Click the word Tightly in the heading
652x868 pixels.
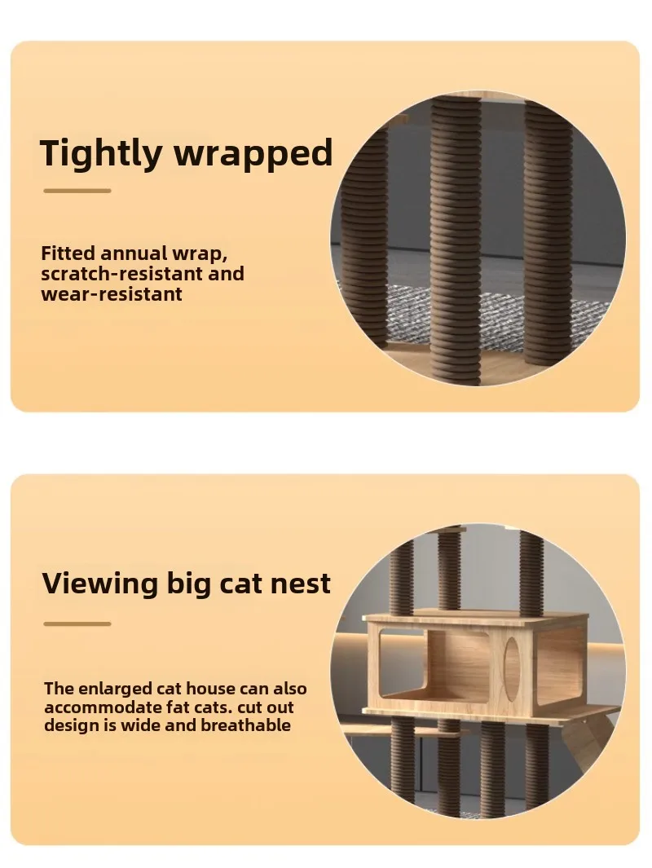click(x=100, y=153)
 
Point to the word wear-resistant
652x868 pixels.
click(x=112, y=294)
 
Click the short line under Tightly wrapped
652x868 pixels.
click(x=77, y=191)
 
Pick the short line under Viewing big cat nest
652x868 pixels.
click(x=77, y=623)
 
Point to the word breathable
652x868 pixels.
click(x=246, y=725)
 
